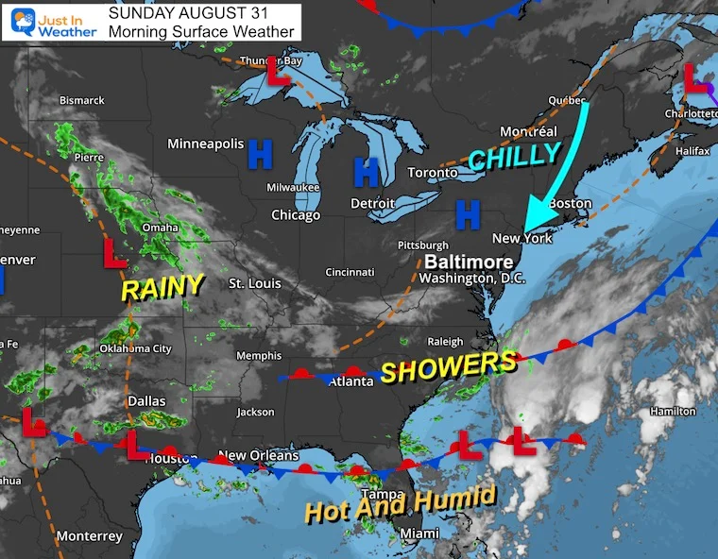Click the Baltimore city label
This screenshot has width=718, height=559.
click(x=469, y=262)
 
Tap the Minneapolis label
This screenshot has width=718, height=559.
click(x=206, y=144)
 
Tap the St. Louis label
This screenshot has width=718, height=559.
click(x=257, y=283)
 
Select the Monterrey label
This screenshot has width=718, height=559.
click(x=90, y=535)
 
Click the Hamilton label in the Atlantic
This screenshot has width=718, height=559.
click(x=673, y=411)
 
